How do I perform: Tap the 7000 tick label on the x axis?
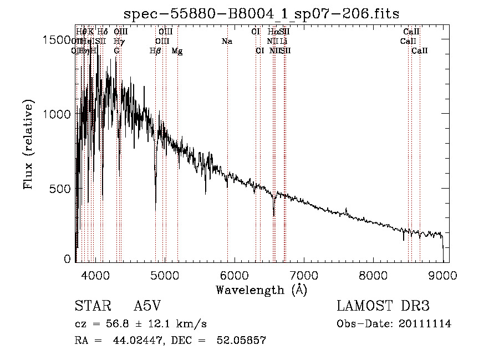304,275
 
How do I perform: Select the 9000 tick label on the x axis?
442,275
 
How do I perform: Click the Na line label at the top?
226,42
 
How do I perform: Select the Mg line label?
177,51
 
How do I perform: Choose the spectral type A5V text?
147,306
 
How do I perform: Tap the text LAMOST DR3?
383,306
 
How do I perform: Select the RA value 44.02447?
132,341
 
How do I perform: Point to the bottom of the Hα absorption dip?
273,215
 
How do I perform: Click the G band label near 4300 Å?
116,51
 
